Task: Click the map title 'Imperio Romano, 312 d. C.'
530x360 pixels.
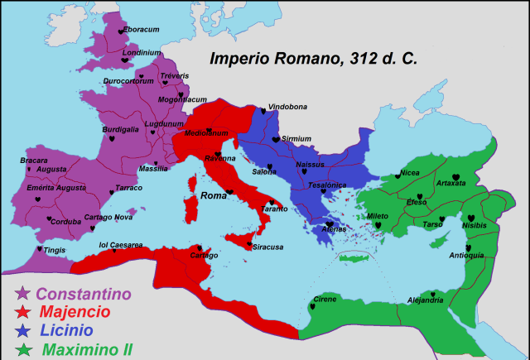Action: [313, 60]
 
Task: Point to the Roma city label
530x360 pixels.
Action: [214, 196]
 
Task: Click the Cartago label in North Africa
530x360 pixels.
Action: [204, 256]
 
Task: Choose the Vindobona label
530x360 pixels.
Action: [287, 108]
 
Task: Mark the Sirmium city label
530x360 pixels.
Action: [296, 138]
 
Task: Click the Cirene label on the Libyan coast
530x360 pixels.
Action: [324, 300]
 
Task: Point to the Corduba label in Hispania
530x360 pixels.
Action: [65, 222]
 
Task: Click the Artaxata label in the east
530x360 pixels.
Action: [450, 182]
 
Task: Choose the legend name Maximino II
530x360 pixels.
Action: [87, 350]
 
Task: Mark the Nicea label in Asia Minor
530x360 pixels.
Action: [410, 173]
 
